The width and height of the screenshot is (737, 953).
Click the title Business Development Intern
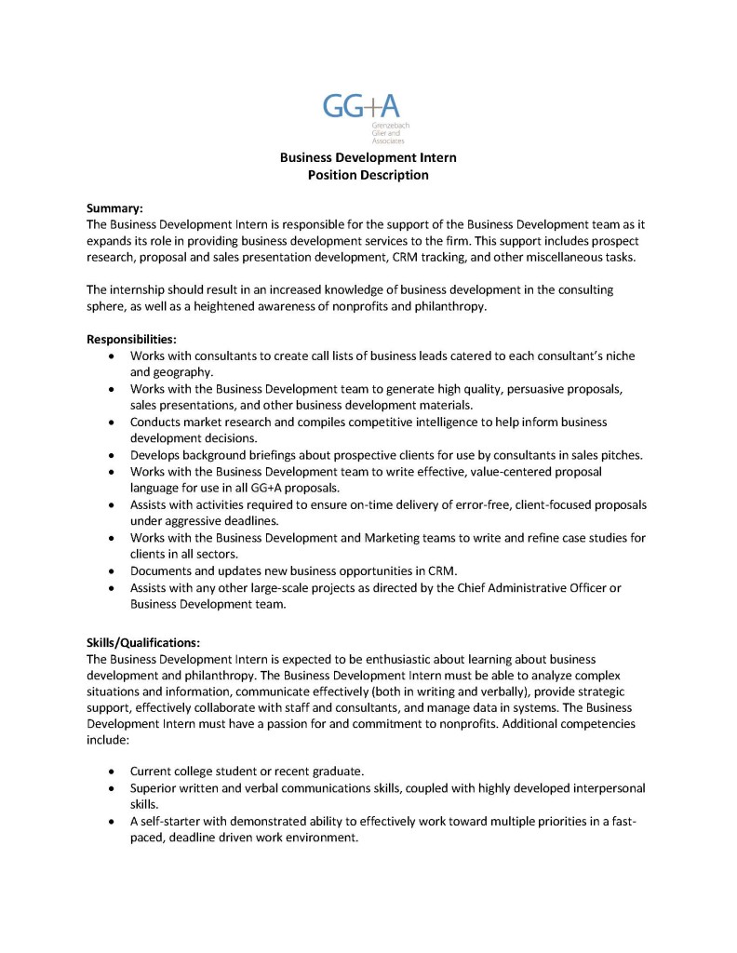pos(368,158)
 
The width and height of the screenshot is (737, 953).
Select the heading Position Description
pos(368,175)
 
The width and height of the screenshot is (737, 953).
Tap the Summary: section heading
pos(114,208)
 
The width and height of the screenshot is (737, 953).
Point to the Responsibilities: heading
pos(131,340)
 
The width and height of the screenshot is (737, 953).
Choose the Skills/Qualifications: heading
pos(143,642)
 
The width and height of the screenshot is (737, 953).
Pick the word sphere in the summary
pos(105,306)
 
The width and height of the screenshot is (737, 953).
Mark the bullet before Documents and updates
pos(113,570)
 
